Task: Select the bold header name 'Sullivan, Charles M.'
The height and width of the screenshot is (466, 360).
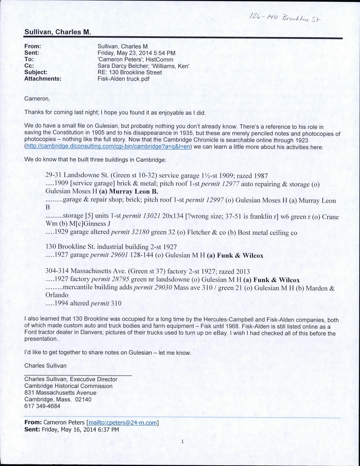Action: click(x=57, y=32)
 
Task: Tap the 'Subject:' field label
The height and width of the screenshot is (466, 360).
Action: click(x=36, y=72)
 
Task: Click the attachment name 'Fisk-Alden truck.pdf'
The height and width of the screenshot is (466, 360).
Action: click(x=124, y=79)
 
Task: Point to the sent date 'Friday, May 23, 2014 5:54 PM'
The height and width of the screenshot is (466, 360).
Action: click(x=136, y=53)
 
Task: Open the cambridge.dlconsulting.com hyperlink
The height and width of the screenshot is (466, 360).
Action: click(x=108, y=147)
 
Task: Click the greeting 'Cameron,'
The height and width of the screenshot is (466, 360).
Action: click(x=37, y=99)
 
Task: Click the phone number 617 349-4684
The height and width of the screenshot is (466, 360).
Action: click(x=42, y=406)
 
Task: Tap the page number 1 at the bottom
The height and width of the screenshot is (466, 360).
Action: click(x=182, y=441)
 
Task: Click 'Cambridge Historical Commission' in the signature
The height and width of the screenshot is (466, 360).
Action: click(x=68, y=386)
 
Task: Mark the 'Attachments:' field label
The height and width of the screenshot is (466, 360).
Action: click(x=43, y=79)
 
